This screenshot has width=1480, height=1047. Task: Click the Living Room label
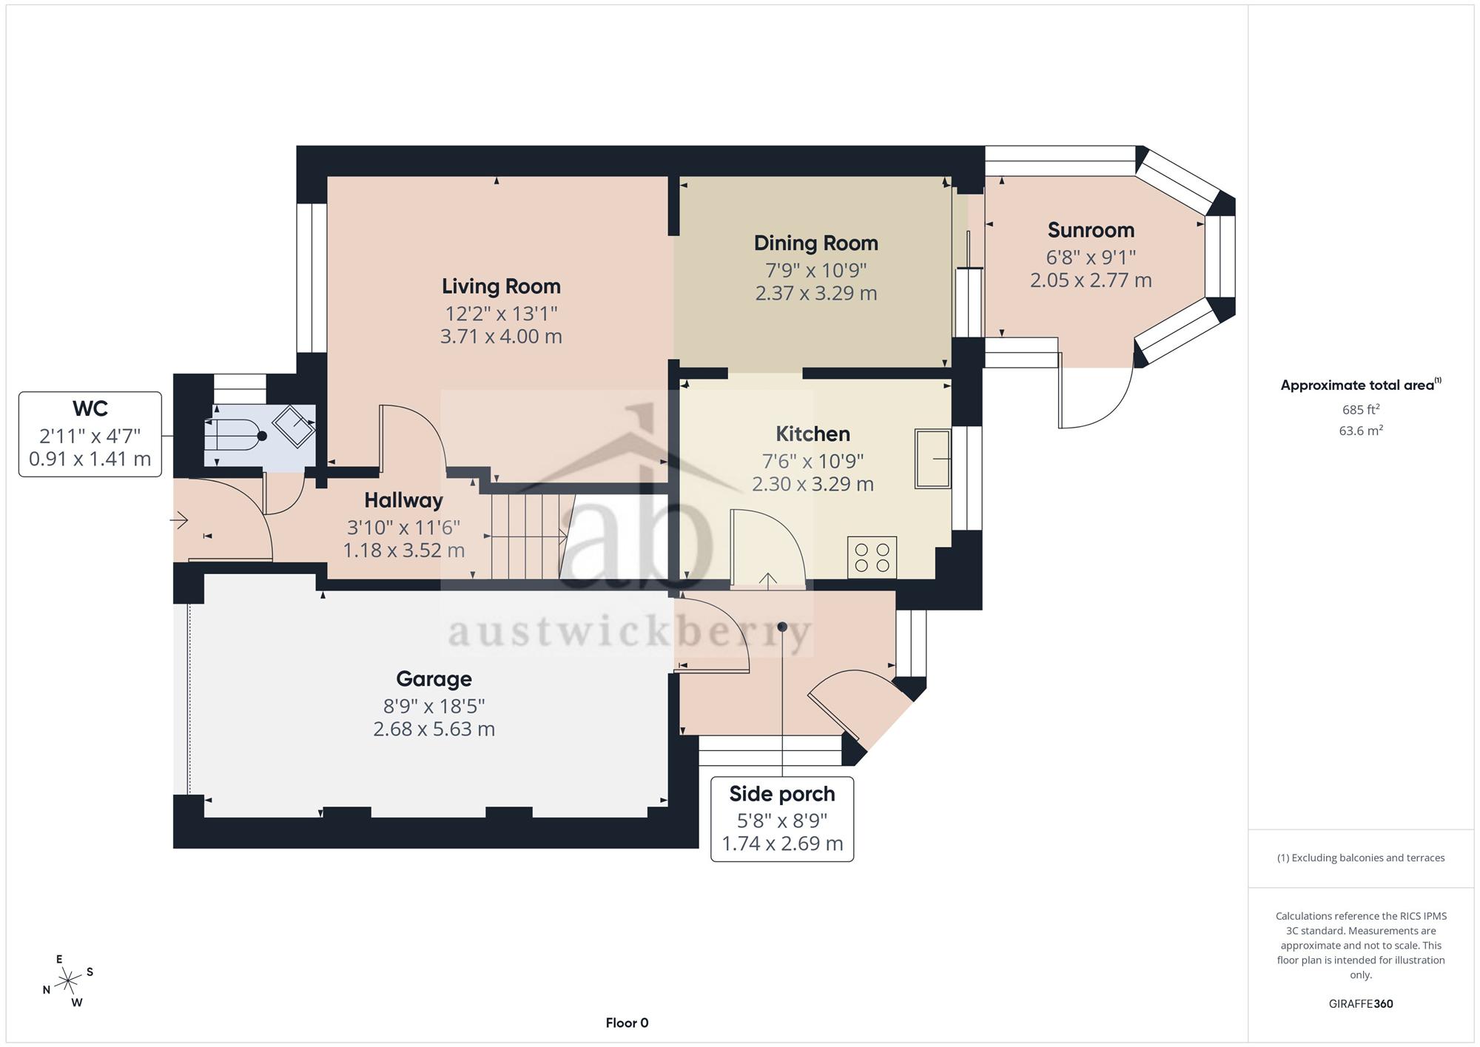click(x=501, y=286)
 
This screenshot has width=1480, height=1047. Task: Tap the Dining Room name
click(x=815, y=243)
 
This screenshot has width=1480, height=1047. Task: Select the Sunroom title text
click(x=1091, y=230)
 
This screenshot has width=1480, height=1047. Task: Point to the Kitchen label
click(x=813, y=434)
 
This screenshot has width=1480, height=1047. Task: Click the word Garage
click(x=434, y=679)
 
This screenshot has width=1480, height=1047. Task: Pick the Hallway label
click(x=403, y=501)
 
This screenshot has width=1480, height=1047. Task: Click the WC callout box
click(x=90, y=434)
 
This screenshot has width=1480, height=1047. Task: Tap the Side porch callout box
click(x=782, y=819)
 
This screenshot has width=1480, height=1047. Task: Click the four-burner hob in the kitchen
click(x=872, y=558)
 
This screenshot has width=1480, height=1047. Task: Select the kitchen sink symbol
click(x=933, y=459)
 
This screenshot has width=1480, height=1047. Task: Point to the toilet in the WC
click(x=235, y=437)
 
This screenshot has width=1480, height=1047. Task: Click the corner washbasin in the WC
click(x=295, y=426)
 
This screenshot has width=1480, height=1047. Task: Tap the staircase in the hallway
click(x=529, y=536)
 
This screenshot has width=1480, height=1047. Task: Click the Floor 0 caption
click(x=627, y=1023)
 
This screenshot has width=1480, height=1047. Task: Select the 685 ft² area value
click(x=1361, y=409)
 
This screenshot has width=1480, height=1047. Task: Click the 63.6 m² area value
click(x=1361, y=431)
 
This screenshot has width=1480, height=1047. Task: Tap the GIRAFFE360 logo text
click(x=1361, y=1004)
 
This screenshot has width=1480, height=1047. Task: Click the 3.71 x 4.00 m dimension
click(x=501, y=337)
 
